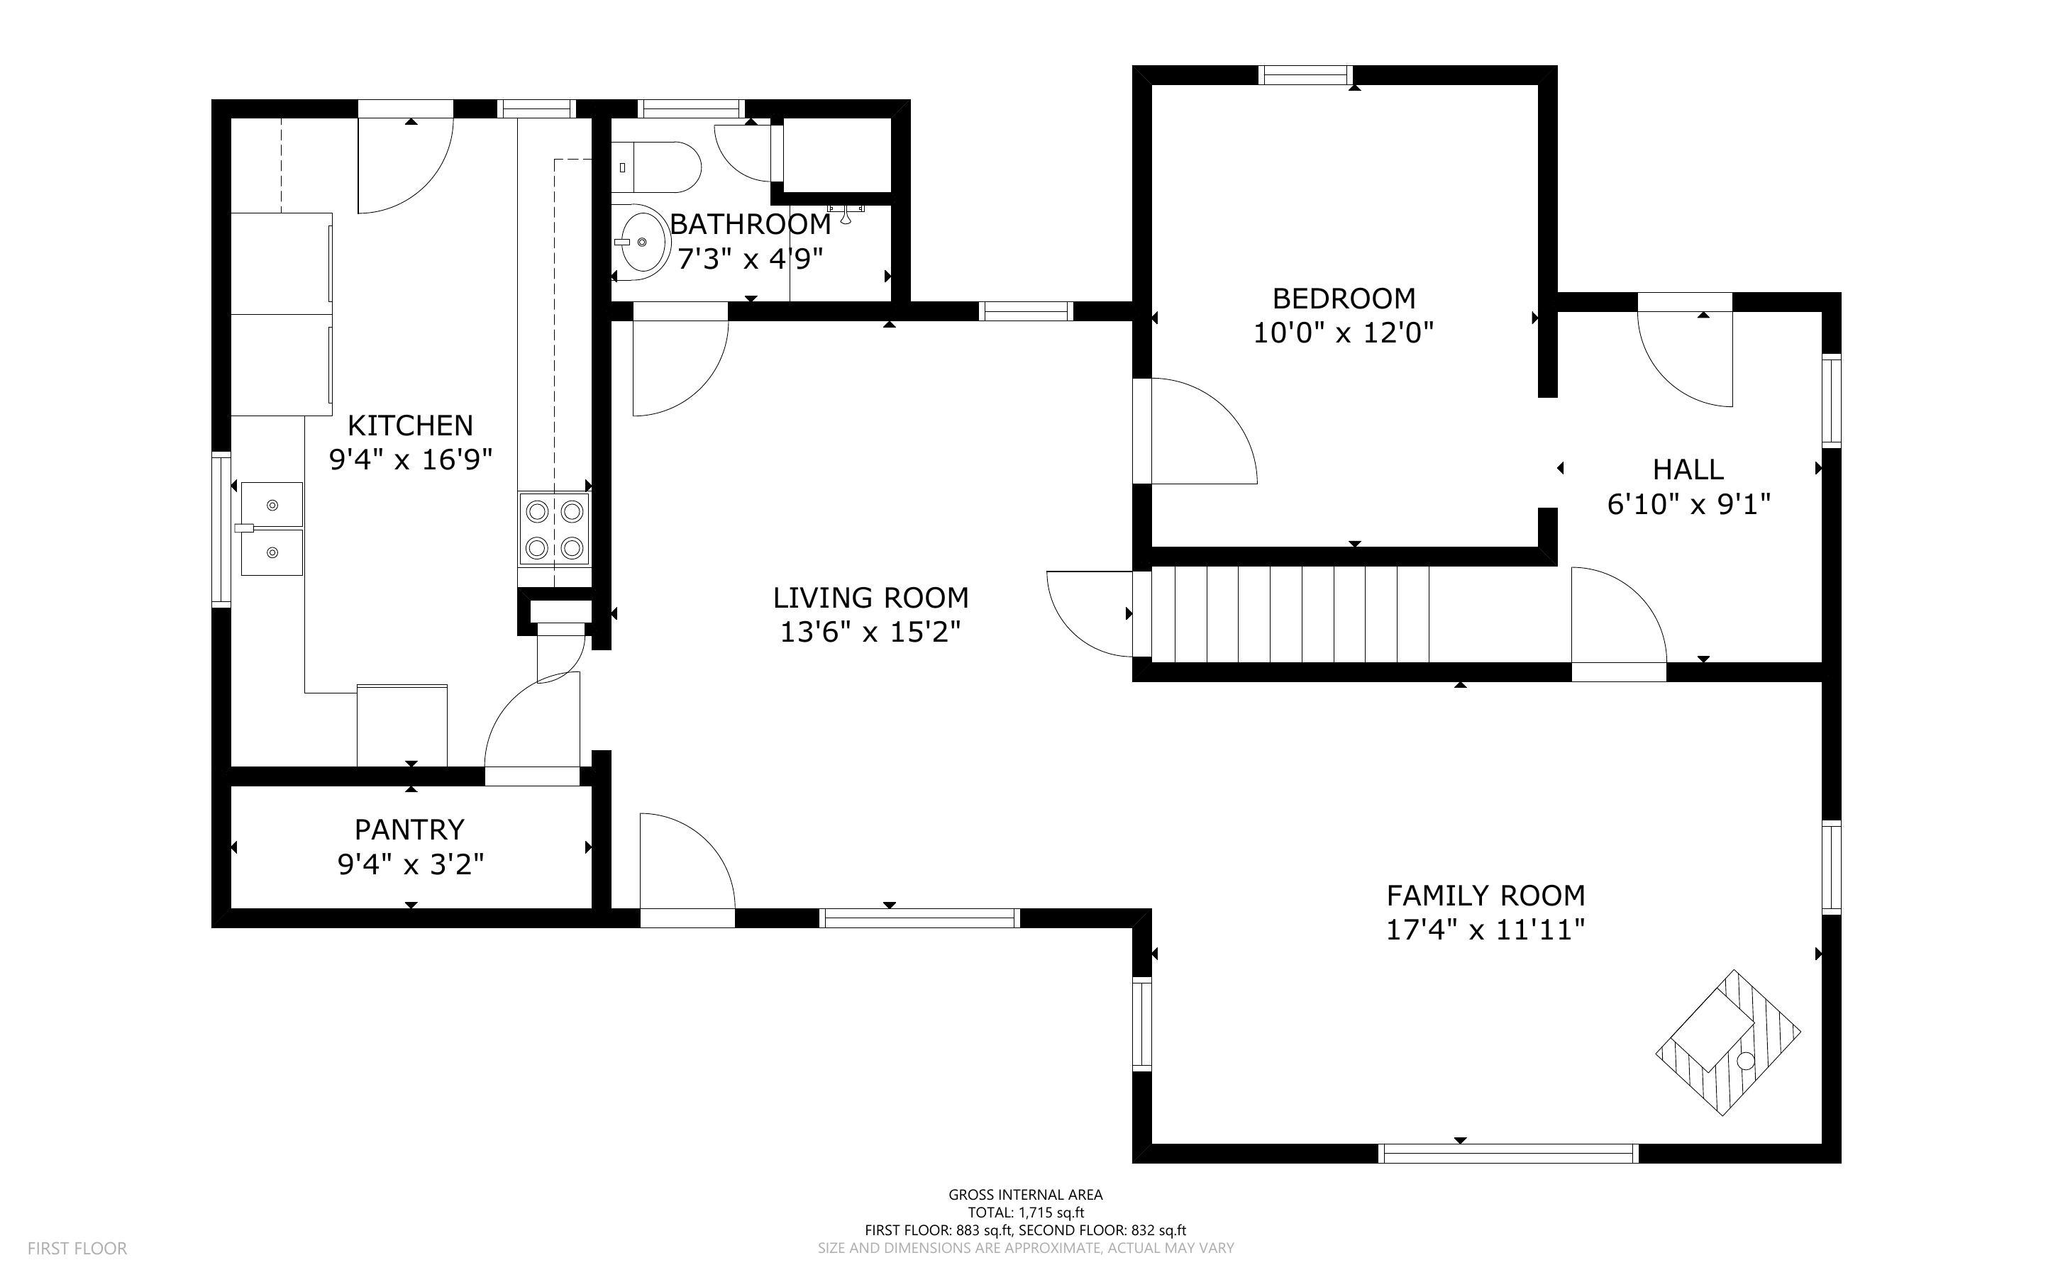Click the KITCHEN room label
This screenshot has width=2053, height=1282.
tap(411, 425)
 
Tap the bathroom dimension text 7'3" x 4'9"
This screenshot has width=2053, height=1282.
tap(751, 259)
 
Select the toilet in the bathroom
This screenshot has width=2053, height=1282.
tap(657, 167)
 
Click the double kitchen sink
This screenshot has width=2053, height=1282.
tap(272, 529)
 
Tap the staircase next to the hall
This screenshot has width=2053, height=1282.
tap(1289, 614)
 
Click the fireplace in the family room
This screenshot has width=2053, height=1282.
tap(1728, 1043)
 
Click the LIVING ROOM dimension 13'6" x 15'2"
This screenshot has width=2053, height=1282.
tap(871, 632)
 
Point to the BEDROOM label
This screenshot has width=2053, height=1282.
tap(1344, 299)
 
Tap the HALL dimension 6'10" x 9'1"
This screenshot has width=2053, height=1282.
tap(1689, 504)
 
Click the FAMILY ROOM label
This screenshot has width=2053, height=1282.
tap(1485, 896)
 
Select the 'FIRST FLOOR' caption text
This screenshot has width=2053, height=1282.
tap(77, 1248)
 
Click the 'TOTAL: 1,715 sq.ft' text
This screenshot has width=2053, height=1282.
tap(1026, 1213)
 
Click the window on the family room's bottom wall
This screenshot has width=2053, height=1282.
tap(1507, 1153)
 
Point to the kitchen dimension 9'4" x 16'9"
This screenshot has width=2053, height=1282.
tap(411, 459)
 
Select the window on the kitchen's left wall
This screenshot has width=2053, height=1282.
tap(221, 529)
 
